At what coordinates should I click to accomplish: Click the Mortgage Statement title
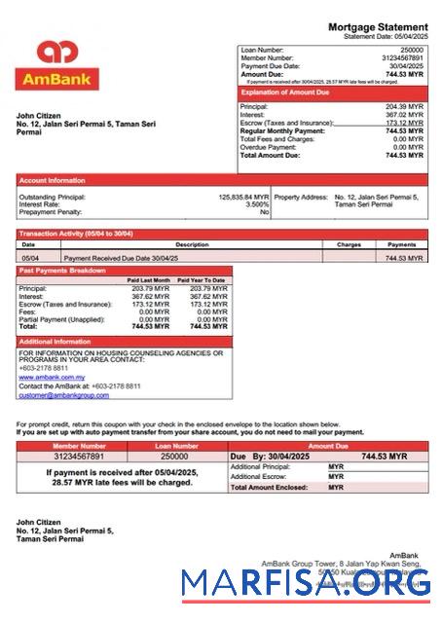point(377,27)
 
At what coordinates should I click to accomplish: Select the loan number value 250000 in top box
point(412,49)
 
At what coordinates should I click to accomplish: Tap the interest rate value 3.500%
point(257,204)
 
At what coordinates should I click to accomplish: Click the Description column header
point(192,244)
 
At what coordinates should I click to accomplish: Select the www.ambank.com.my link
point(52,377)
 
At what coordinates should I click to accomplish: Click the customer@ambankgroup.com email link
point(63,395)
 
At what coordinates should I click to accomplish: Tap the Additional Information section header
point(55,342)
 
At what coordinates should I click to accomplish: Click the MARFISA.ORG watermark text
point(307,582)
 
